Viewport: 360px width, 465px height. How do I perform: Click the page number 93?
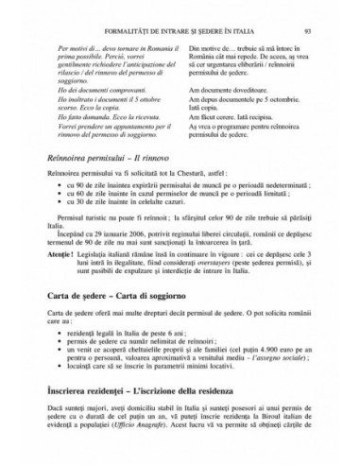point(308,30)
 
